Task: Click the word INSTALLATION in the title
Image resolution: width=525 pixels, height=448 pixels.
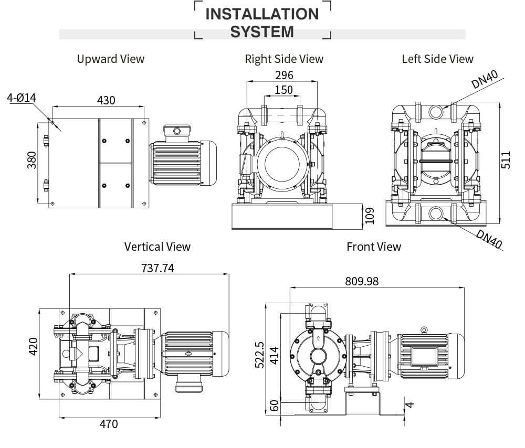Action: point(262,14)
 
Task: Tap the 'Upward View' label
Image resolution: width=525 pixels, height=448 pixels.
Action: point(110,59)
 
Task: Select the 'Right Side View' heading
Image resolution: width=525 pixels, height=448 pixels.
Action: point(284,59)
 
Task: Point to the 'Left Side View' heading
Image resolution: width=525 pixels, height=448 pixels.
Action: point(437,59)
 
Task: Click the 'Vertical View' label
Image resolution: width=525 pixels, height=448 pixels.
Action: point(157,246)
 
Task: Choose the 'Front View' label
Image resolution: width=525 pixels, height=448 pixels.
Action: point(374,246)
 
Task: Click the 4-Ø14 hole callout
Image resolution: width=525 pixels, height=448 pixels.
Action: point(21,98)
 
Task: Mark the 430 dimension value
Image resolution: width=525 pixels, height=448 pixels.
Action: point(106,100)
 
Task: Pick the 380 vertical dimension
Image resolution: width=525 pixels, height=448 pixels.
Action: point(31,161)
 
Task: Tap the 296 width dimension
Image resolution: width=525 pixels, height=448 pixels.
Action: point(284,75)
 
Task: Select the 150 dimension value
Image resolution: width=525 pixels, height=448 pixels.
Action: point(284,90)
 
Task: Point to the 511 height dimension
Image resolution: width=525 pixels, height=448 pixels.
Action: point(506,159)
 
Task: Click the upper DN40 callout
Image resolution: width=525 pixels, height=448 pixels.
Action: point(484,79)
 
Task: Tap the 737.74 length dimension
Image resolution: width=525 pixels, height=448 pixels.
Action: point(157,268)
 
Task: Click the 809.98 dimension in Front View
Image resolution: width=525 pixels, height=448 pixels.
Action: point(362,281)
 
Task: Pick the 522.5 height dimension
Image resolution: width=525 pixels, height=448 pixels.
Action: point(259,355)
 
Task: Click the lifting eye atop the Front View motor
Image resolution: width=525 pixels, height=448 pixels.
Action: point(424,329)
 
